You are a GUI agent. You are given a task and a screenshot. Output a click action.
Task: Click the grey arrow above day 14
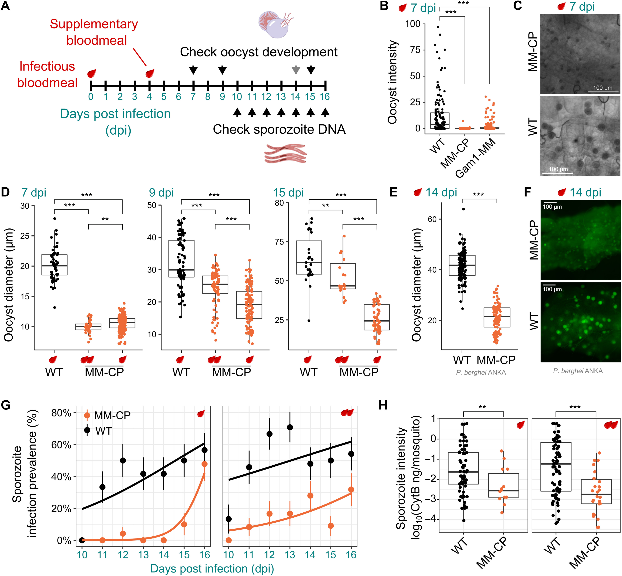296,70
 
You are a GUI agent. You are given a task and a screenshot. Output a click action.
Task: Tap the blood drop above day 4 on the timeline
150,74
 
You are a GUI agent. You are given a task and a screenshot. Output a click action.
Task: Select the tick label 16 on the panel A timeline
324,97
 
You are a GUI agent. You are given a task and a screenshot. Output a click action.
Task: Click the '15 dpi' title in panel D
288,193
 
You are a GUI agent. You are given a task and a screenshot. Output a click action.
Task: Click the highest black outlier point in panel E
463,209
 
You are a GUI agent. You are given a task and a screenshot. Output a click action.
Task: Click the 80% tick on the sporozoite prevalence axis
61,413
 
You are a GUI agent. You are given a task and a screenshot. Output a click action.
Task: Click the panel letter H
383,405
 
